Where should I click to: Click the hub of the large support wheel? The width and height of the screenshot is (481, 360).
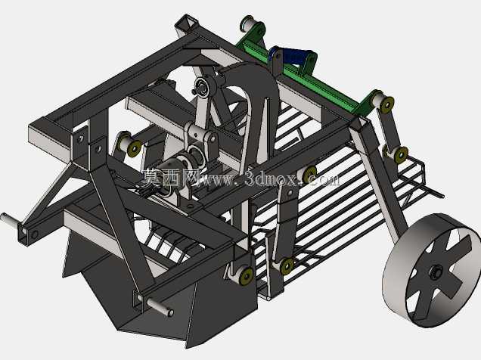(x=435, y=272)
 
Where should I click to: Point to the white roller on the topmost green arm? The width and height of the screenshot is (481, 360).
(x=247, y=23)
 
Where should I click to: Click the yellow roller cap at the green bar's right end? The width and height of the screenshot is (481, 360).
(x=387, y=104)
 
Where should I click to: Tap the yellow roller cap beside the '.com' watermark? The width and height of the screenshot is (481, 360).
(x=309, y=174)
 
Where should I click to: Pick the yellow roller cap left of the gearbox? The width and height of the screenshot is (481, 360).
(x=134, y=149)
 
